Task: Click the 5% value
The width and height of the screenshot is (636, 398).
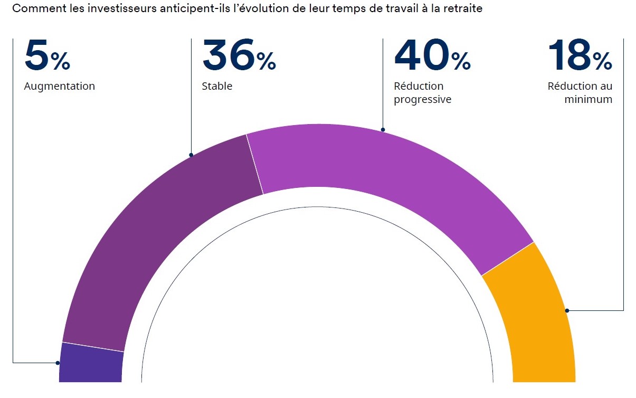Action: (47, 57)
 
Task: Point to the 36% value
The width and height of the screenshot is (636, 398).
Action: (239, 57)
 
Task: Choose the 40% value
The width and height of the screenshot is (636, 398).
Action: (432, 57)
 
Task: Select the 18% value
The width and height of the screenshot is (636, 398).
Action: (580, 57)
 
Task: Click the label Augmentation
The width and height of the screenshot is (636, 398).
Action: (60, 86)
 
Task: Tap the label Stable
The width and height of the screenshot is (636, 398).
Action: (217, 86)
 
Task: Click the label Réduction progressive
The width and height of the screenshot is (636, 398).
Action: (422, 92)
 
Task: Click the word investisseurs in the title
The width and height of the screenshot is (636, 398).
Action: (105, 10)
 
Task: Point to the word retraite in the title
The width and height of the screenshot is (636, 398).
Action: (464, 10)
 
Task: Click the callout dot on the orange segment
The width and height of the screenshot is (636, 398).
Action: (567, 310)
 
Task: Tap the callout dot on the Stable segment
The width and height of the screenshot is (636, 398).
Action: (191, 155)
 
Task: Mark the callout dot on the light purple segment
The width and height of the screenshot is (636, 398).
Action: (383, 129)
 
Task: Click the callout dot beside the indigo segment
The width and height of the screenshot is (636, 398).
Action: (58, 363)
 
